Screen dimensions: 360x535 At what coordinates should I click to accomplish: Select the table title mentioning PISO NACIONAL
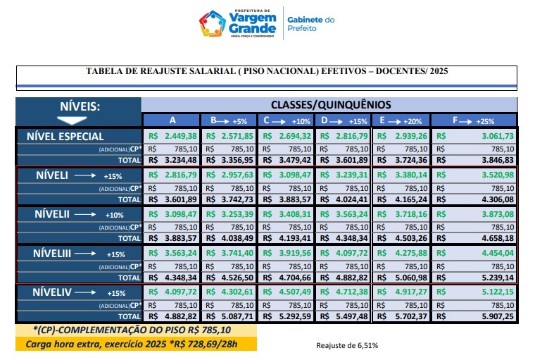coord(266,71)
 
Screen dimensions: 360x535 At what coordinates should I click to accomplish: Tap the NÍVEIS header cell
coord(78,107)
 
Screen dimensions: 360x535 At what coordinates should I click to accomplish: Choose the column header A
coord(172,120)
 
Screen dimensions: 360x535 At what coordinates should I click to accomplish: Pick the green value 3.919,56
coord(294,252)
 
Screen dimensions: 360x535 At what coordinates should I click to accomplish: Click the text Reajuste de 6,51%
coord(347,345)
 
